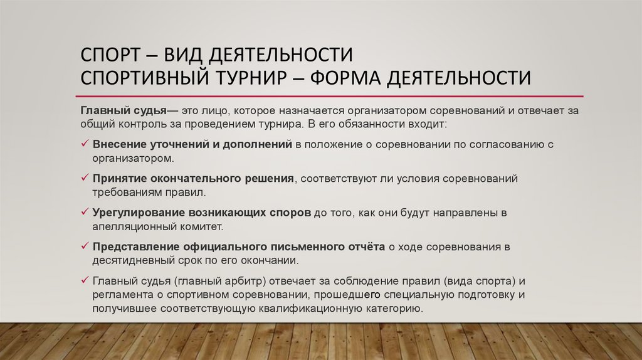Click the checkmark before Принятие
[x=85, y=179]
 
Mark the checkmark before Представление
[x=85, y=246]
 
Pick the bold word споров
[x=290, y=213]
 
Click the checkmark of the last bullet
[x=85, y=280]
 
